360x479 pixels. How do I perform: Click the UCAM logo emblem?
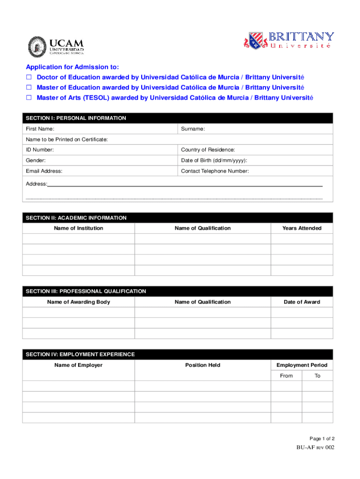pyautogui.click(x=37, y=46)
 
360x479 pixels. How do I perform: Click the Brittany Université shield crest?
pyautogui.click(x=255, y=41)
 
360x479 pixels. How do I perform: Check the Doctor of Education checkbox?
pyautogui.click(x=29, y=77)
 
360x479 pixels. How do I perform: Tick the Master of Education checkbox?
pyautogui.click(x=29, y=87)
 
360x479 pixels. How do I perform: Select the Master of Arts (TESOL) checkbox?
pyautogui.click(x=29, y=98)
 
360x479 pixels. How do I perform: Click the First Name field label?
pyautogui.click(x=40, y=129)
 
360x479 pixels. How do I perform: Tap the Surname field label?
pyautogui.click(x=193, y=129)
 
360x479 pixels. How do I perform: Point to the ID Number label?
pyautogui.click(x=40, y=150)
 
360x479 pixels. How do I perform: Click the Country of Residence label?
pyautogui.click(x=208, y=150)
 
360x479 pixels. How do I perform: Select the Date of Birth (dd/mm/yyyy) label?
pyautogui.click(x=214, y=160)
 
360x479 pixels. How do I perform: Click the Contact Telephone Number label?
pyautogui.click(x=215, y=171)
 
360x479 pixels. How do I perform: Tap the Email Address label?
pyautogui.click(x=44, y=171)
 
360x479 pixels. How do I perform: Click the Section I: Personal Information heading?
pyautogui.click(x=76, y=118)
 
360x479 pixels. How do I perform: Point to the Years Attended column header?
pyautogui.click(x=302, y=228)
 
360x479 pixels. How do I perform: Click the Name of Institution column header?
pyautogui.click(x=79, y=228)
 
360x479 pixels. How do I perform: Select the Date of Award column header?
pyautogui.click(x=302, y=302)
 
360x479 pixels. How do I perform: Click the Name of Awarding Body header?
pyautogui.click(x=79, y=302)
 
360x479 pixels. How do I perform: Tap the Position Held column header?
pyautogui.click(x=202, y=365)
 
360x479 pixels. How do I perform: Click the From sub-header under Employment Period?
pyautogui.click(x=286, y=376)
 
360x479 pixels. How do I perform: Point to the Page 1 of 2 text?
pyautogui.click(x=322, y=439)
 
